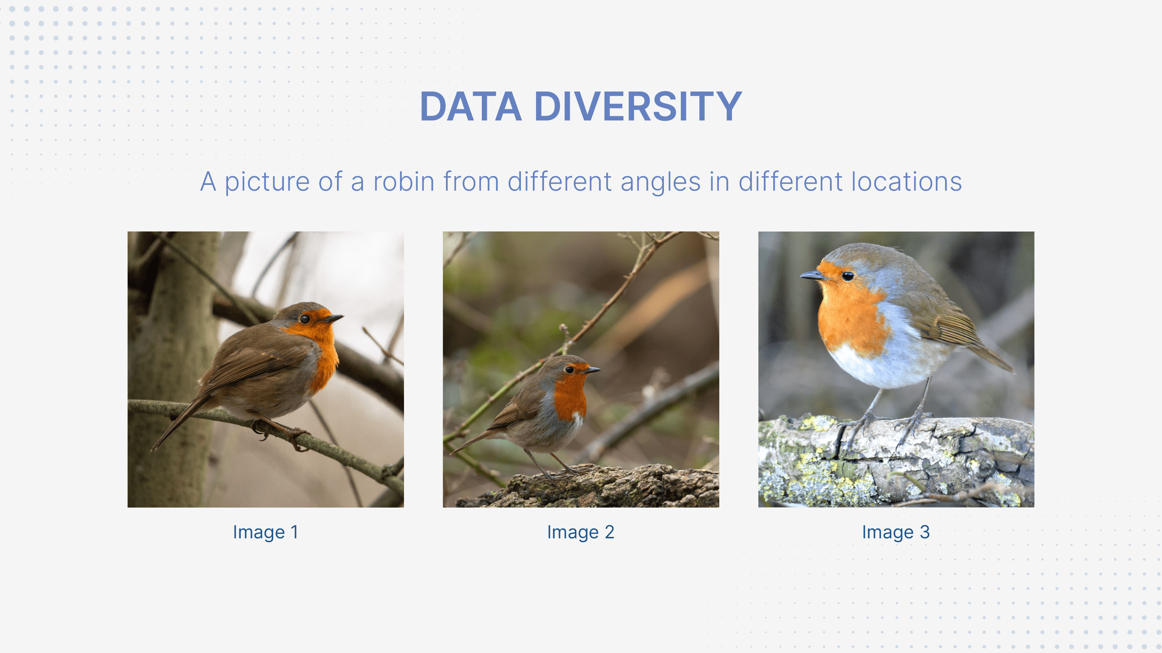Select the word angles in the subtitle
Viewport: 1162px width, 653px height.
(x=660, y=183)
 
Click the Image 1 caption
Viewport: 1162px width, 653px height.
(x=265, y=532)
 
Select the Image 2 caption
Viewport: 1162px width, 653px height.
(x=581, y=532)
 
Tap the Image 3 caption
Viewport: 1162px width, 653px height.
(x=896, y=532)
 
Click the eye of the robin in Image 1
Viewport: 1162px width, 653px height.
(x=304, y=319)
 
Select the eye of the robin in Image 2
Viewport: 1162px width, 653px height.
(x=570, y=370)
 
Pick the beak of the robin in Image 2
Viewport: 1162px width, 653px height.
(x=592, y=370)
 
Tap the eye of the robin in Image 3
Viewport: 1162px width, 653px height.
(x=847, y=276)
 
